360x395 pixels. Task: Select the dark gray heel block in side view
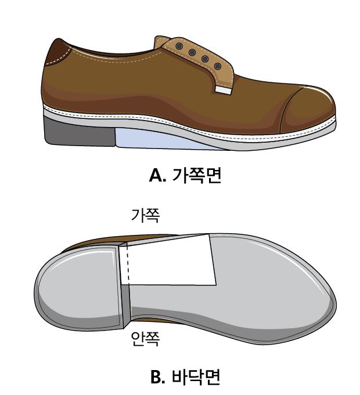(x=80, y=133)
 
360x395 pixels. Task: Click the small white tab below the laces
(x=223, y=90)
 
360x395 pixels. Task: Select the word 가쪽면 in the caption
(x=197, y=175)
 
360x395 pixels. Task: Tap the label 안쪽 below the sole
(x=146, y=338)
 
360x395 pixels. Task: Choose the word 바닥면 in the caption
(x=196, y=377)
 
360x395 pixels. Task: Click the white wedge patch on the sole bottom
(x=171, y=261)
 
